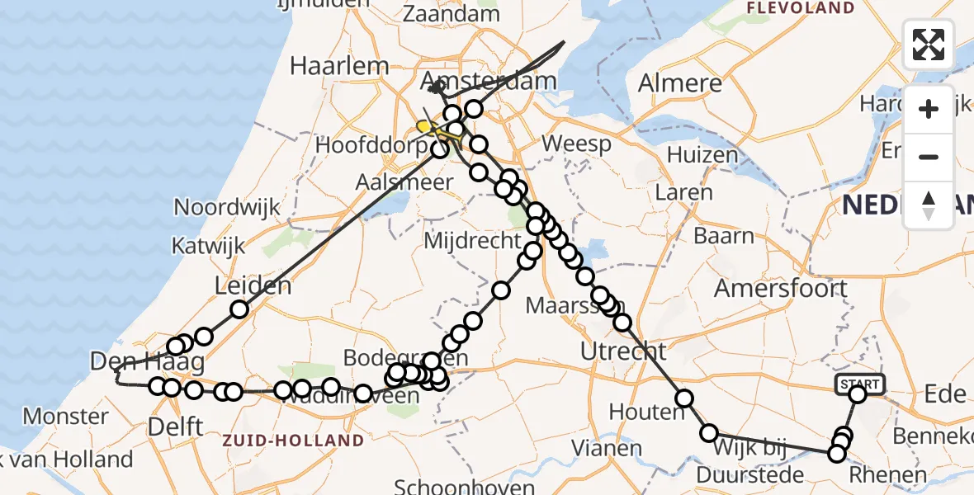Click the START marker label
coord(861,384)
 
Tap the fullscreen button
coord(929,45)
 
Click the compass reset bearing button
coord(929,205)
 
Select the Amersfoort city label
coord(780,289)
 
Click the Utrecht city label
coord(623,351)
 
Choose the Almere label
coord(680,84)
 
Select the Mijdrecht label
coord(471,242)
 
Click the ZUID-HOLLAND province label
coord(292,441)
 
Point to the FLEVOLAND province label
coord(800,8)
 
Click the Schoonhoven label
coord(463,485)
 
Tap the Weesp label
coord(577,144)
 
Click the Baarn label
coord(724,237)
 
